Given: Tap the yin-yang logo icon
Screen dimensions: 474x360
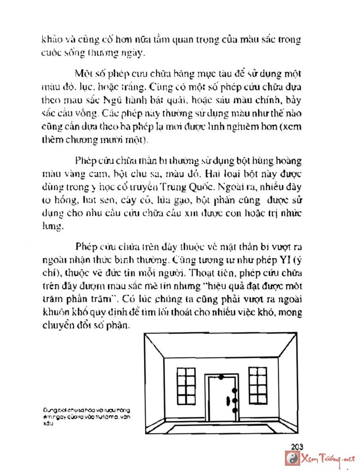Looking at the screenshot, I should tap(292, 459).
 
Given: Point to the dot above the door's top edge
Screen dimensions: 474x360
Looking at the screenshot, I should tap(221, 375).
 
